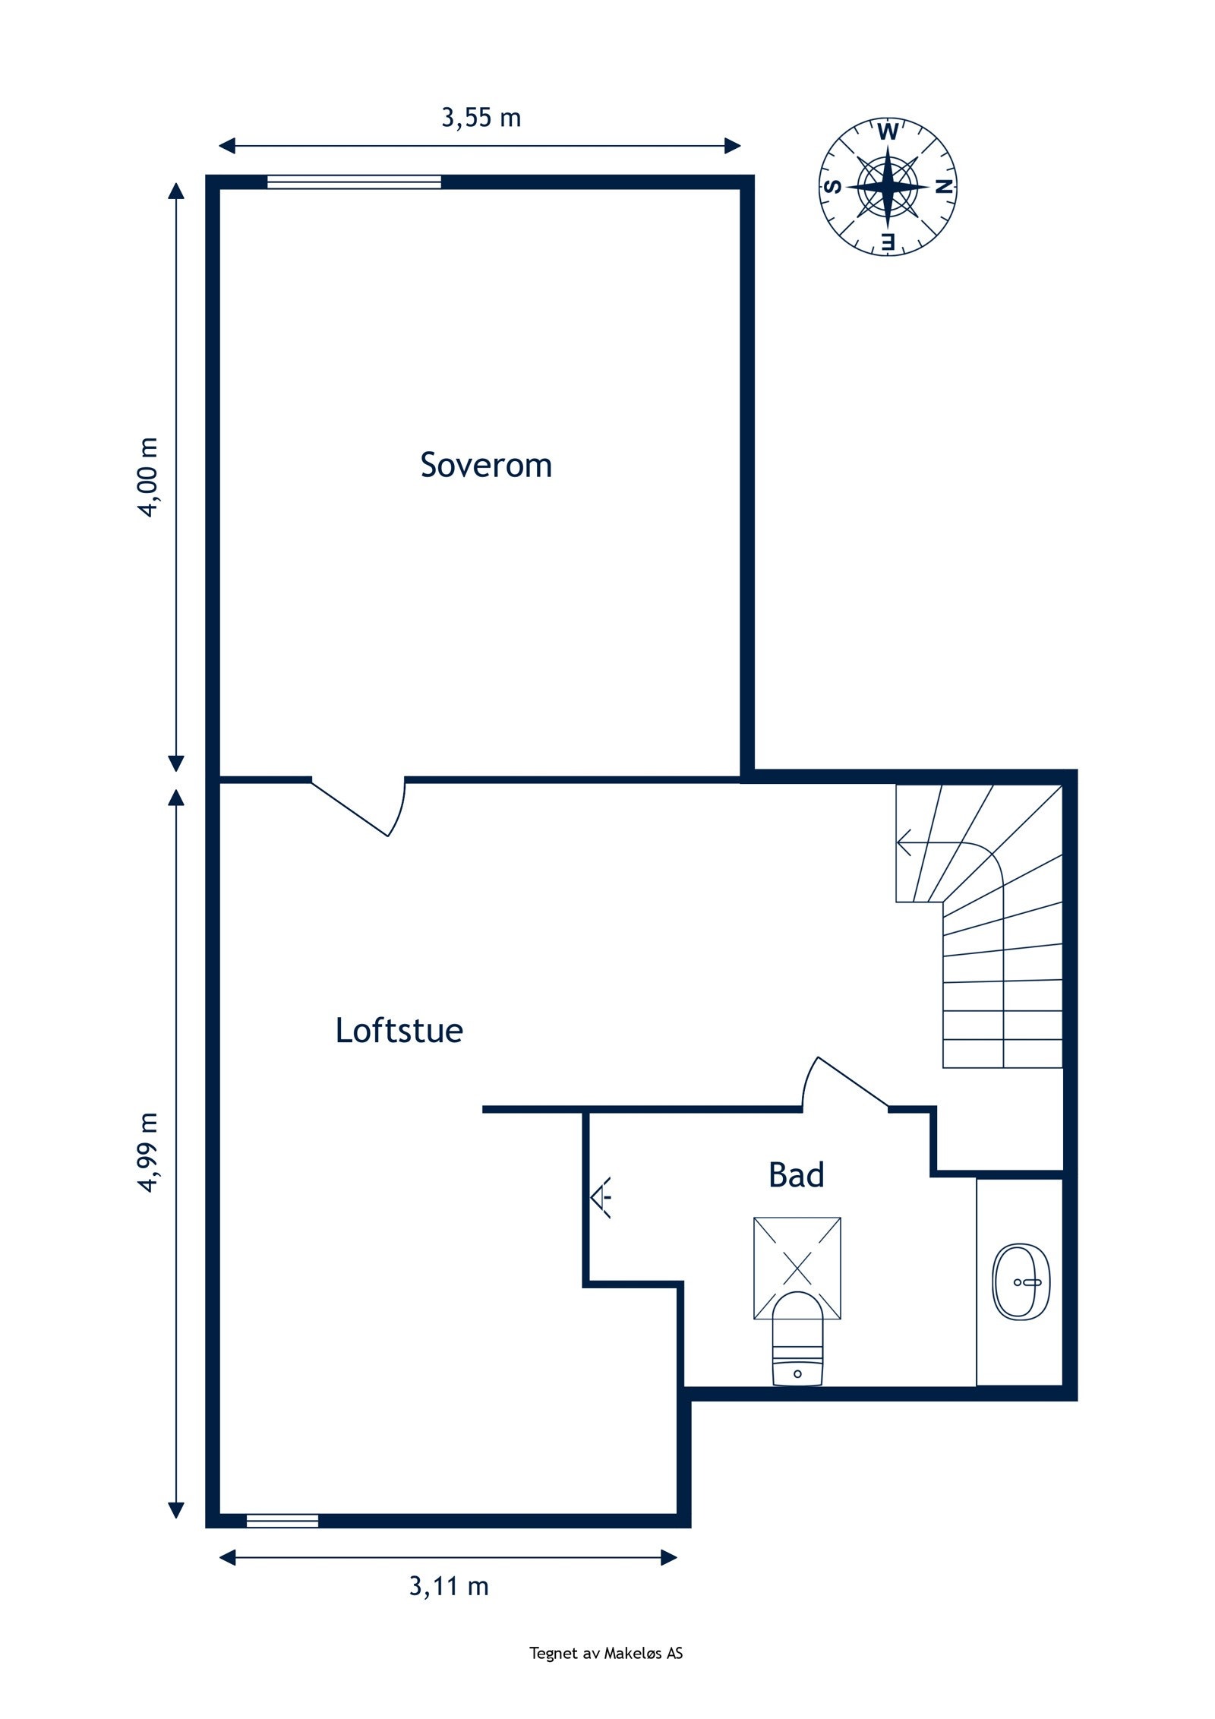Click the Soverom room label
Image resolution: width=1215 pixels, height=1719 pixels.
point(485,465)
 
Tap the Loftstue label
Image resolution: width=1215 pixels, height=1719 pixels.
point(399,1032)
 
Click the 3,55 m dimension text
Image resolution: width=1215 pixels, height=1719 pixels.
point(481,118)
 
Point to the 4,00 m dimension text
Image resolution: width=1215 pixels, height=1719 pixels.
point(149,477)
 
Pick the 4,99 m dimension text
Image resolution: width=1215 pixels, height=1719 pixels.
point(149,1152)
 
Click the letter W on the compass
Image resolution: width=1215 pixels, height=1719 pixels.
point(887,132)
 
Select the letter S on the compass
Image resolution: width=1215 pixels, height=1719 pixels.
point(832,187)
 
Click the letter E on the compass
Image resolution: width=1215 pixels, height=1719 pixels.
point(888,242)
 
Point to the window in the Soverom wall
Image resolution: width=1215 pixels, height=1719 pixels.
point(354,182)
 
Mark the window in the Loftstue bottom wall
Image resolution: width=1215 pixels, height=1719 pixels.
point(282,1520)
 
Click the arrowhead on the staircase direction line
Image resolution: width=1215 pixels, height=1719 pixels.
point(903,843)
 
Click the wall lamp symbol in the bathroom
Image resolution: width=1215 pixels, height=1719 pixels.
point(601,1198)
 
